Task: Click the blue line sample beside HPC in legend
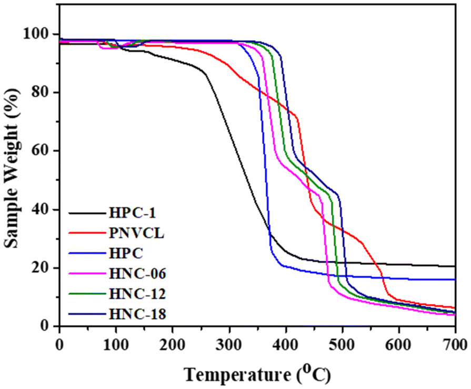click(x=87, y=253)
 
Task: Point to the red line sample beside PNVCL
click(x=87, y=233)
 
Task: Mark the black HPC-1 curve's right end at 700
click(x=454, y=266)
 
